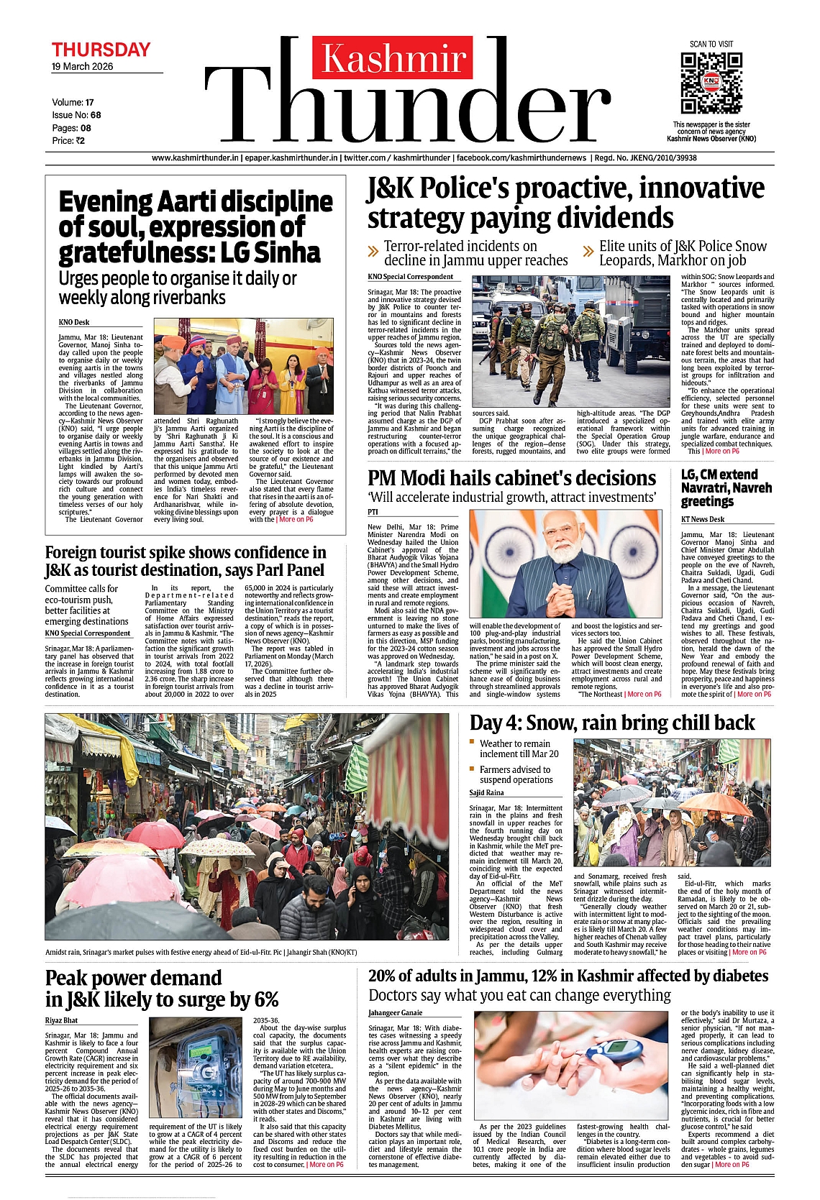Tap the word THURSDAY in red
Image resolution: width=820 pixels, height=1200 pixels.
pyautogui.click(x=101, y=50)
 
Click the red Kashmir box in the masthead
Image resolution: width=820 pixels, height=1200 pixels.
pyautogui.click(x=393, y=58)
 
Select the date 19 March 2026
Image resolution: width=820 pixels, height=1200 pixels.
pyautogui.click(x=82, y=66)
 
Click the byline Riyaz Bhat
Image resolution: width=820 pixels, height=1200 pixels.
pyautogui.click(x=61, y=1020)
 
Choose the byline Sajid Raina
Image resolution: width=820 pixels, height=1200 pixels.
pyautogui.click(x=487, y=792)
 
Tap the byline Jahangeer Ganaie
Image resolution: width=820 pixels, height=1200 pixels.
pyautogui.click(x=396, y=1013)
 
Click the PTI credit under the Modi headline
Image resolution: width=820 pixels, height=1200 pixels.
pyautogui.click(x=373, y=512)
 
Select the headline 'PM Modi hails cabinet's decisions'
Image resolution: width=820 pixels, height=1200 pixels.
pyautogui.click(x=511, y=479)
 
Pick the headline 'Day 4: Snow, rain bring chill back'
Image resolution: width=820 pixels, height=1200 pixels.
pyautogui.click(x=612, y=723)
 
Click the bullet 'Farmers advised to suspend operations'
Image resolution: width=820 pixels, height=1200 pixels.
pyautogui.click(x=515, y=774)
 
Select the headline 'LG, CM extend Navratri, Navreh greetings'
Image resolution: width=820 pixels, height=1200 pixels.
pyautogui.click(x=726, y=487)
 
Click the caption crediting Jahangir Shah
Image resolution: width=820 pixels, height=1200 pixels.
pyautogui.click(x=201, y=952)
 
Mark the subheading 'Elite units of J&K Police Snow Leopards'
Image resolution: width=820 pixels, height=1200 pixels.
pyautogui.click(x=683, y=253)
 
